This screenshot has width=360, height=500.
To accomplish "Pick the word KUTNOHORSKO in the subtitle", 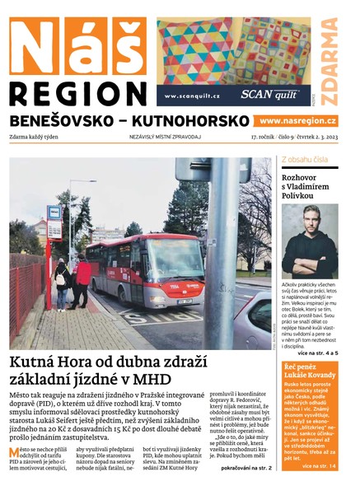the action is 183,120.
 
